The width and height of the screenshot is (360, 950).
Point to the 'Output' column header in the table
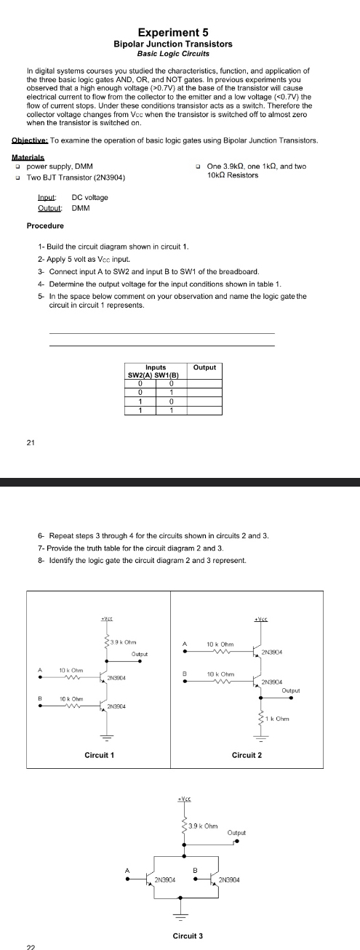click(x=204, y=367)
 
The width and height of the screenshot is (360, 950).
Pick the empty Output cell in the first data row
click(x=204, y=383)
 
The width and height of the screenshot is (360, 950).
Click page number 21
click(x=24, y=440)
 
